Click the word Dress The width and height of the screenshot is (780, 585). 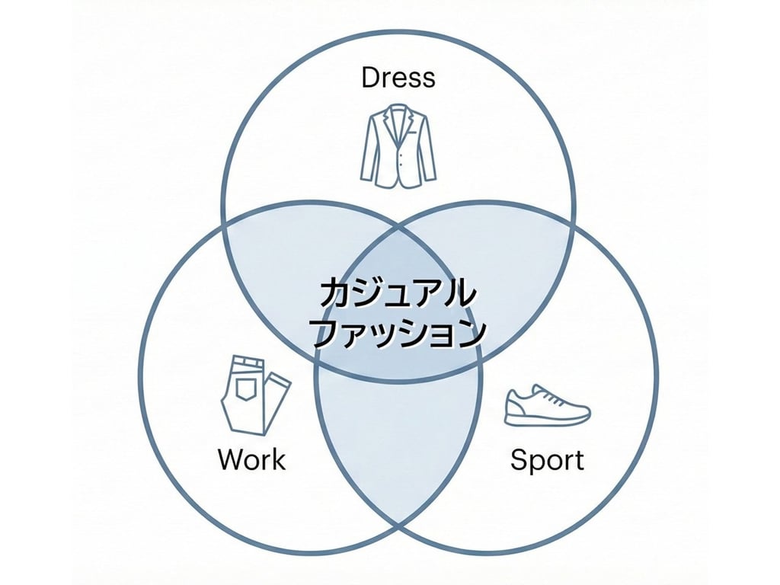tap(398, 77)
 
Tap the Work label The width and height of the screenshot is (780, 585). tap(251, 459)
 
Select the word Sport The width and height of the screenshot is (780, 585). tap(547, 460)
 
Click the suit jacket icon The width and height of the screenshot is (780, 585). tap(398, 147)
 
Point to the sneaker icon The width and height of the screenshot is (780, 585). tap(547, 405)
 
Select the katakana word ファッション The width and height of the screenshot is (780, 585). tap(399, 332)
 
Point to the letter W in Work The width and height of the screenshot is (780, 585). tap(231, 459)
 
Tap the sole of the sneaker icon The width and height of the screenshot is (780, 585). tap(547, 420)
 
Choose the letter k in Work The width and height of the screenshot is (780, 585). tap(279, 459)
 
